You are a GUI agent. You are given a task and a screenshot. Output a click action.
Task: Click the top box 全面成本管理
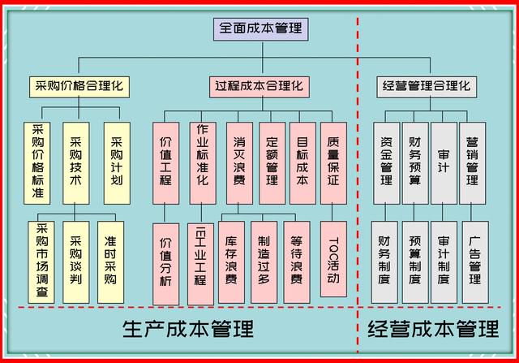tap(261, 29)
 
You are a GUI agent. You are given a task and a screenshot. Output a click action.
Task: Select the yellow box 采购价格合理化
tap(79, 87)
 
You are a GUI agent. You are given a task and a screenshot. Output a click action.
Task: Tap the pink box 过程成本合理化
tap(259, 87)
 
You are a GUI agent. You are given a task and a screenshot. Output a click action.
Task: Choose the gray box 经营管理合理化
tap(427, 87)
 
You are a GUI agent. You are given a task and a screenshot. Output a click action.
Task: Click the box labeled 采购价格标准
tap(37, 163)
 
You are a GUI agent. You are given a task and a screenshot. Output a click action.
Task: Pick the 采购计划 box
tap(117, 163)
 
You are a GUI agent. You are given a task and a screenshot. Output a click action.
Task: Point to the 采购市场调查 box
tap(41, 262)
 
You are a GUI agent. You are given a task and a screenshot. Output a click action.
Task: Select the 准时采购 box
tap(110, 262)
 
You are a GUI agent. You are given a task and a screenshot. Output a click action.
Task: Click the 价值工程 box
tap(165, 163)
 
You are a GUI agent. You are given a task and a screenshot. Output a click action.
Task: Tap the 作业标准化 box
tap(203, 163)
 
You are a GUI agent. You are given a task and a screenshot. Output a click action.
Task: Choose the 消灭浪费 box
tap(240, 163)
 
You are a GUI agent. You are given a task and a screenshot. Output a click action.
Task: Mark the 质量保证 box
tap(333, 163)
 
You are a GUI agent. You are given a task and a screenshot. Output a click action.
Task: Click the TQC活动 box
tap(333, 259)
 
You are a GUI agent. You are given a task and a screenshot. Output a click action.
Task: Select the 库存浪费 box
tap(231, 262)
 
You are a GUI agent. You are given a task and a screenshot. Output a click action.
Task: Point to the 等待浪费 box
tap(297, 262)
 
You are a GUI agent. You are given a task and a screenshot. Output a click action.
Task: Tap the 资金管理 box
tap(386, 163)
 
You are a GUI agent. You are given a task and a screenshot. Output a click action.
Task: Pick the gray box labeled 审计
tap(444, 163)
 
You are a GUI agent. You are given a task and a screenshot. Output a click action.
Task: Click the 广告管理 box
tap(475, 262)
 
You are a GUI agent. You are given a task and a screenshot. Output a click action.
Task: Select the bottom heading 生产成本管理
tap(188, 329)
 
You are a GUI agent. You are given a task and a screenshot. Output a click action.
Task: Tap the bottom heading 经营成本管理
tap(433, 329)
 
